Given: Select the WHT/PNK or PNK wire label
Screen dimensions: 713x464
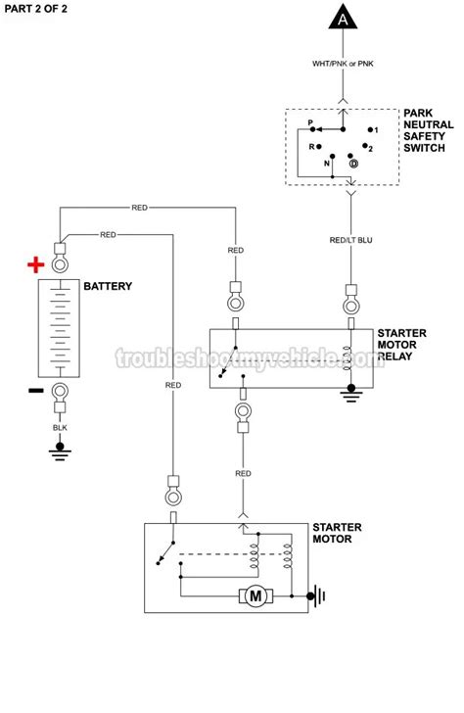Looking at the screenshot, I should pos(342,65).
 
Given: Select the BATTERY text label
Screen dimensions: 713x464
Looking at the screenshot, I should pos(108,287).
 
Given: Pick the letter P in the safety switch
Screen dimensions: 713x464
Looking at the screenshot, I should pos(310,125).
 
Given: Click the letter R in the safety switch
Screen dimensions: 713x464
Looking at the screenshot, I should pos(310,146).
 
